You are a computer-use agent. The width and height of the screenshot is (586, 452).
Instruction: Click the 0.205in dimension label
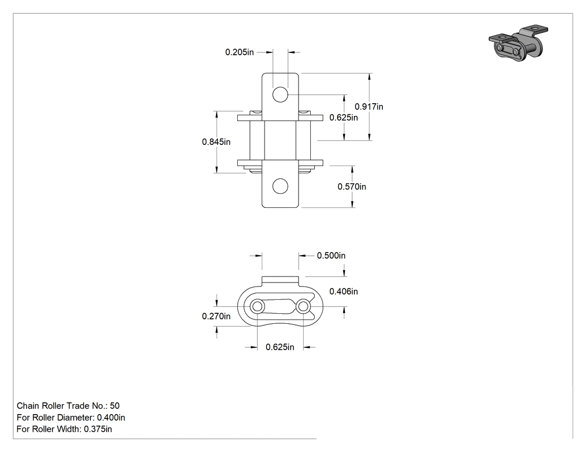point(239,52)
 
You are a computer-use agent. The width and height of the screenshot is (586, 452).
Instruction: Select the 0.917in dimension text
point(369,107)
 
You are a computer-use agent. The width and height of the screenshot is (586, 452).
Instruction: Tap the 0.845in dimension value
point(216,142)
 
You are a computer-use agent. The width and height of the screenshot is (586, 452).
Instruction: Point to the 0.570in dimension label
point(352,187)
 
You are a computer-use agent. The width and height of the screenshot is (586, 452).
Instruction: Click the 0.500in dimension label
point(331,256)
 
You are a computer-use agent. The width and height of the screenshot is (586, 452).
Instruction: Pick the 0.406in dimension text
point(343,291)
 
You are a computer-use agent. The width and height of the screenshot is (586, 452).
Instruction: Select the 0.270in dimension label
point(216,317)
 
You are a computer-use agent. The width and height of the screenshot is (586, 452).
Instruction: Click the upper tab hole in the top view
point(280,94)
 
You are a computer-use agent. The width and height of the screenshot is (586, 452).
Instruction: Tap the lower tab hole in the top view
point(280,186)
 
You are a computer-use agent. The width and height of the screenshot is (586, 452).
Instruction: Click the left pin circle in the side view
point(257,307)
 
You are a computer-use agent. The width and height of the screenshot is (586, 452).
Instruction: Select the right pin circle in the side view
point(303,307)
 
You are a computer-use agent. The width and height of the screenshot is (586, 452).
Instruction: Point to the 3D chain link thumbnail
point(518,43)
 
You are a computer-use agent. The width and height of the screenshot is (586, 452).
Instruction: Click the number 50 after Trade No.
point(115,406)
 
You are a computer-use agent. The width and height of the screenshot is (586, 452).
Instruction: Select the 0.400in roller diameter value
point(111,417)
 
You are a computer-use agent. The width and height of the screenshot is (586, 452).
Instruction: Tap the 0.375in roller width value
point(98,429)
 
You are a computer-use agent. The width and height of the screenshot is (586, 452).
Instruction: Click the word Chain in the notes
point(28,406)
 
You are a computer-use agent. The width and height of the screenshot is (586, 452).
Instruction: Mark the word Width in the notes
point(70,429)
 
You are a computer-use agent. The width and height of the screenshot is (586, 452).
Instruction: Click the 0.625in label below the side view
point(280,347)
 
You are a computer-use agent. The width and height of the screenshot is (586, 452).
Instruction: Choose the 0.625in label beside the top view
point(343,118)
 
